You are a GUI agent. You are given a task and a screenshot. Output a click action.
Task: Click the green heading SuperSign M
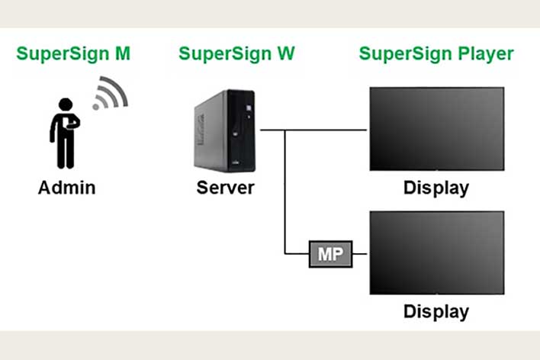click(73, 54)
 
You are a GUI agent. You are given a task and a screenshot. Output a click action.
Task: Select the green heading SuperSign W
click(236, 54)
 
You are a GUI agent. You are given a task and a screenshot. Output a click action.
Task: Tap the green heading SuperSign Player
click(436, 54)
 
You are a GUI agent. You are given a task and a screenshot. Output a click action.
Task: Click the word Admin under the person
click(67, 188)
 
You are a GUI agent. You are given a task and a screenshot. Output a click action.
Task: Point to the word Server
click(224, 188)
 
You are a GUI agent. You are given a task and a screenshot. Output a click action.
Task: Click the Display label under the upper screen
click(436, 188)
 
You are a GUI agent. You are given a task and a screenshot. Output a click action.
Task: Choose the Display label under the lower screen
click(436, 311)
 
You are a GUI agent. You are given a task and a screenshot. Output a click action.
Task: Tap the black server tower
click(224, 130)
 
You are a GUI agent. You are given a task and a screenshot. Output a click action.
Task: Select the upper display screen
click(436, 129)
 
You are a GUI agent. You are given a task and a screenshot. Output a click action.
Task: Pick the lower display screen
click(436, 252)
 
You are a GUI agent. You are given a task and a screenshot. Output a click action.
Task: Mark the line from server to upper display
click(328, 130)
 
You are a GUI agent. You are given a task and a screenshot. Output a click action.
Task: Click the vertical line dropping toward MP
click(284, 191)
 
